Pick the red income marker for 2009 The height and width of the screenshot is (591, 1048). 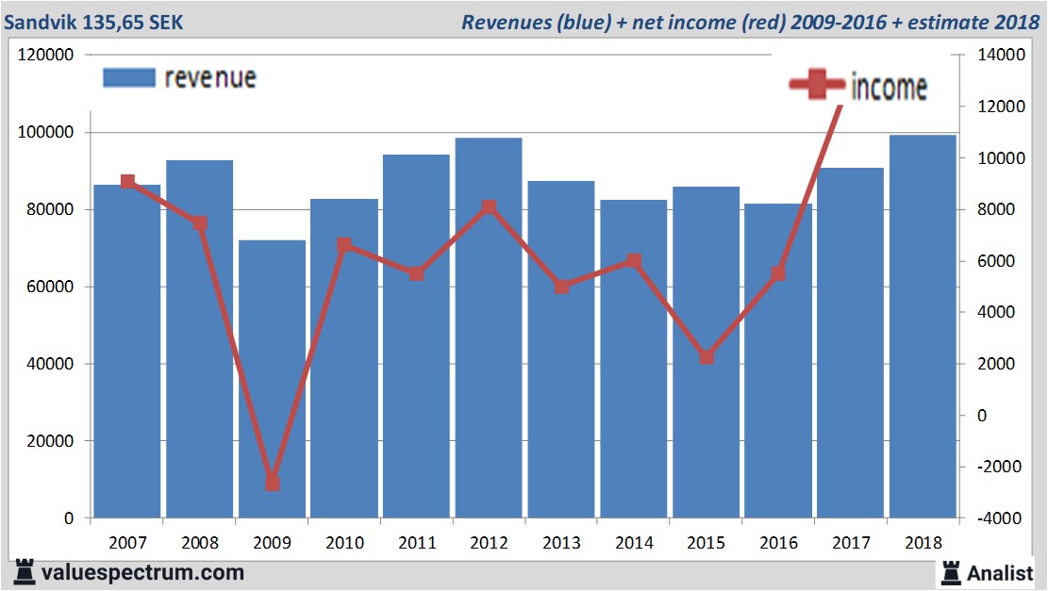coord(272,483)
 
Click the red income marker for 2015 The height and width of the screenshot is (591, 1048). coord(706,357)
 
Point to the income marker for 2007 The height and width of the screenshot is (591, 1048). coord(127,182)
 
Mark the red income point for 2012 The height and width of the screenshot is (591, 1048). coord(489,207)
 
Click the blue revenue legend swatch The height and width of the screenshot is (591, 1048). coord(128,77)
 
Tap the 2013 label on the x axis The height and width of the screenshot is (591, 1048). coord(561,543)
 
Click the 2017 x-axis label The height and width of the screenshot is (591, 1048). coord(851,543)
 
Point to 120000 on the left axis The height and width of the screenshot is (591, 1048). coord(45,56)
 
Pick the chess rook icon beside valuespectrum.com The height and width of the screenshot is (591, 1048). coord(24,571)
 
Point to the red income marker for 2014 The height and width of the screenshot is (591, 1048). coord(634,262)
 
